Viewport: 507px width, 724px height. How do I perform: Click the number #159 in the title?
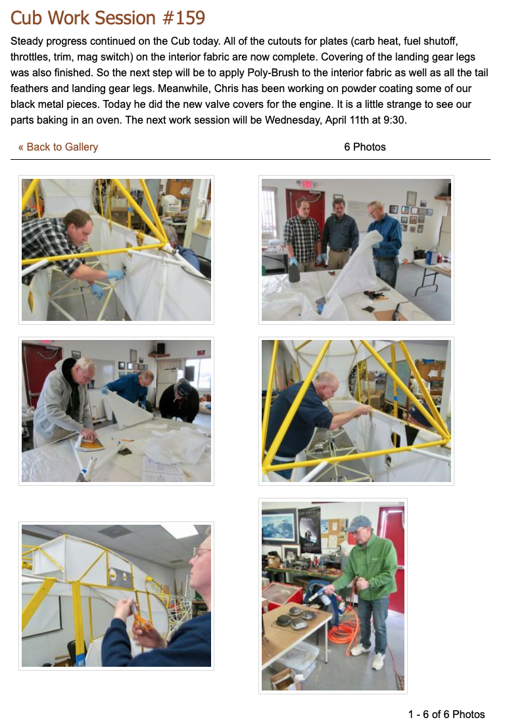coord(183,18)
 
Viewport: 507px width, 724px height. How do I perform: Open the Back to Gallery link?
coord(58,147)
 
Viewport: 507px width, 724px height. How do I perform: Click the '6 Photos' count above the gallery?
coord(365,147)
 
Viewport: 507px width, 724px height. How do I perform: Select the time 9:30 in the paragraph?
coord(395,120)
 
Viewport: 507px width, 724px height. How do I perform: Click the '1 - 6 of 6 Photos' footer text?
coord(447,714)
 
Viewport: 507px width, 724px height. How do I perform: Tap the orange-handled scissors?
coord(141,621)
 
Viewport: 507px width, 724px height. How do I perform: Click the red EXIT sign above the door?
coord(306,183)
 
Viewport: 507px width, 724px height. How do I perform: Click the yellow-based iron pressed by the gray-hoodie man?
coord(91,443)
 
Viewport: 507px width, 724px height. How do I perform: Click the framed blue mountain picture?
coord(279,525)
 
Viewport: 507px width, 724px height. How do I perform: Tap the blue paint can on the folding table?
coord(431,257)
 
